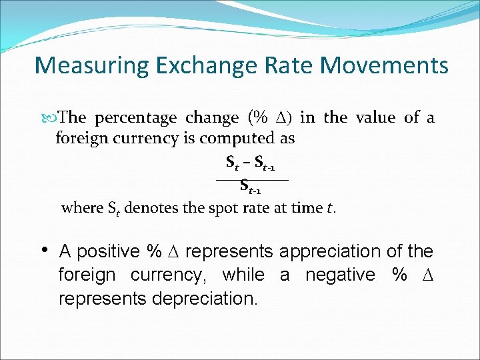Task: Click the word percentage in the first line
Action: tap(135, 119)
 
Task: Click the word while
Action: tap(243, 275)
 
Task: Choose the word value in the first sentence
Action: tap(375, 119)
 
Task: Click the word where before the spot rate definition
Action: tap(82, 208)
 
